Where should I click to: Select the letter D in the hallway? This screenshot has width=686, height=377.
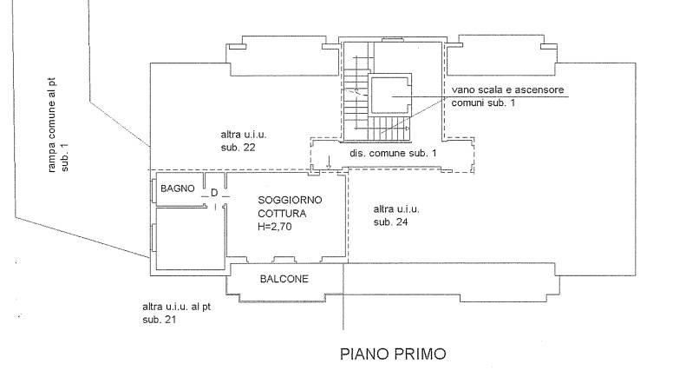coord(213,194)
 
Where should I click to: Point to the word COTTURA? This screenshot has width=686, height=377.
coord(282,212)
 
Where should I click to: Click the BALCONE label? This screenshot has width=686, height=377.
coord(284,279)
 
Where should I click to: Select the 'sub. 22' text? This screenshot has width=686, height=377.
coord(237,148)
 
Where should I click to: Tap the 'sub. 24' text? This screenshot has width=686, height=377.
coord(389,222)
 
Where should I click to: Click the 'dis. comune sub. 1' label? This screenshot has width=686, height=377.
coord(393,154)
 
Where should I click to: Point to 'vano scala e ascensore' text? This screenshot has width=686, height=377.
coord(509,90)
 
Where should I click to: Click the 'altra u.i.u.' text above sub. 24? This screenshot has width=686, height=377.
coord(396,209)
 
